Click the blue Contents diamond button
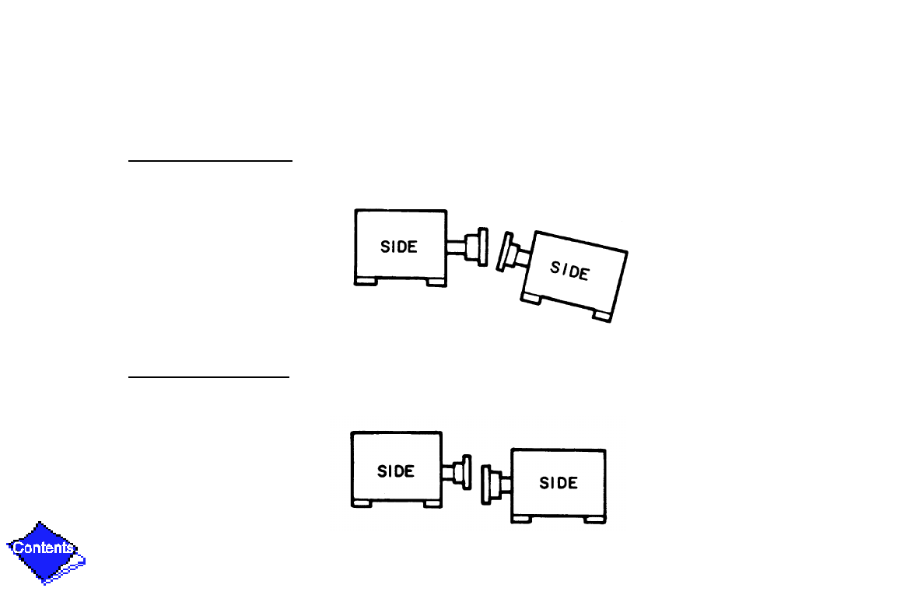click(x=45, y=550)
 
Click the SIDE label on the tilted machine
click(x=569, y=271)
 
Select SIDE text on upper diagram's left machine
click(x=399, y=247)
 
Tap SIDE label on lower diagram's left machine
click(x=396, y=471)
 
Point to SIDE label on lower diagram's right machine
click(x=559, y=483)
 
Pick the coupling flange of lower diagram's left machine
click(x=467, y=471)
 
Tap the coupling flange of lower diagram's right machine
click(x=486, y=483)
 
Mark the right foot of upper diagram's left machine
click(x=436, y=282)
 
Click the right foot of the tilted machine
click(x=601, y=315)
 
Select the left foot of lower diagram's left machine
click(x=361, y=503)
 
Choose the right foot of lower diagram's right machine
click(x=594, y=519)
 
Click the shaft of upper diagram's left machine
click(x=455, y=247)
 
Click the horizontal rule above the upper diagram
click(x=210, y=162)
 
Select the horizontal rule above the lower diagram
click(x=208, y=377)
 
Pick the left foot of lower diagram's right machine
click(x=522, y=519)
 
